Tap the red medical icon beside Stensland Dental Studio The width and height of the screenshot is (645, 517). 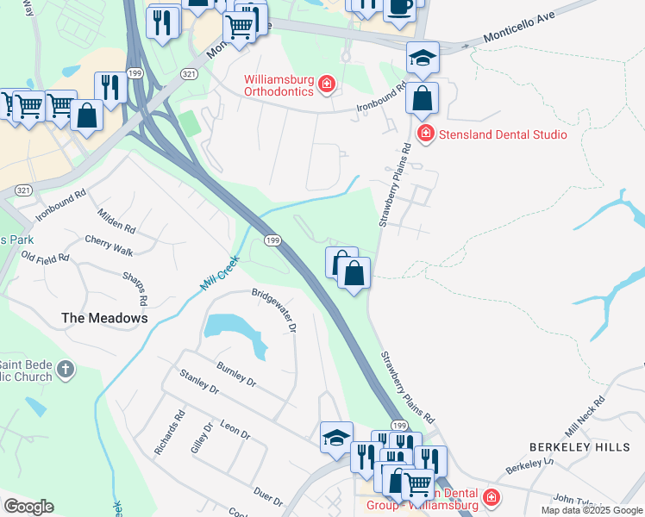pyautogui.click(x=425, y=134)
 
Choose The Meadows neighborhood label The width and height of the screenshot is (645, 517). pyautogui.click(x=104, y=318)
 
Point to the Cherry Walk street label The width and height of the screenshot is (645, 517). pyautogui.click(x=109, y=246)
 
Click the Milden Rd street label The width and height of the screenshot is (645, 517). pyautogui.click(x=116, y=221)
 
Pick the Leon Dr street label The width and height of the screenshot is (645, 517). pyautogui.click(x=234, y=429)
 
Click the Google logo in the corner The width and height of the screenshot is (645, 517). pyautogui.click(x=28, y=507)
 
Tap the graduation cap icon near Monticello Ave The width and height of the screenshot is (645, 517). pyautogui.click(x=423, y=58)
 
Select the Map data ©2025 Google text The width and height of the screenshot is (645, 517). pyautogui.click(x=592, y=510)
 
